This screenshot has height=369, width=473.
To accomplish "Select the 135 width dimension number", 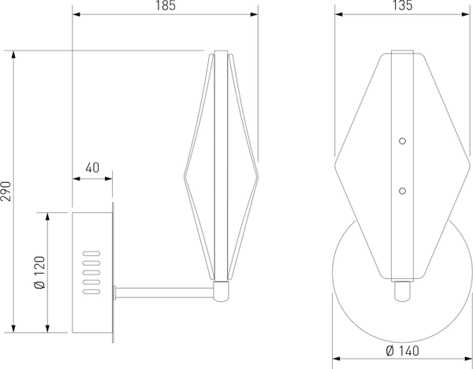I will coord(402,6).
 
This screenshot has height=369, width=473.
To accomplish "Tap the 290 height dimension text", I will coord(7,192).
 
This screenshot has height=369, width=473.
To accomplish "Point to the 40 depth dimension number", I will coord(92,167).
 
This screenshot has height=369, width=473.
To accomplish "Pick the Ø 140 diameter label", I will coord(402,352).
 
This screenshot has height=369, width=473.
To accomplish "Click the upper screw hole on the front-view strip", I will coord(402,141).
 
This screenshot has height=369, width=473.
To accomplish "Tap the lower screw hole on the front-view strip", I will coord(402,190).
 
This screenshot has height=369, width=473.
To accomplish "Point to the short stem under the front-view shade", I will coord(402,291).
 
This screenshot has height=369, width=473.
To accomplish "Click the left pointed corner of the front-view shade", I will coord(336,166).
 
